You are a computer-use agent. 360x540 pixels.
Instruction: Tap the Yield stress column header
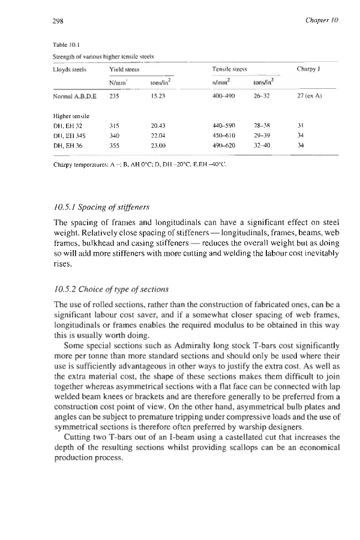121,70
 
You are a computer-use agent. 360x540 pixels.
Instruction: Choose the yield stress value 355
113,144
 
